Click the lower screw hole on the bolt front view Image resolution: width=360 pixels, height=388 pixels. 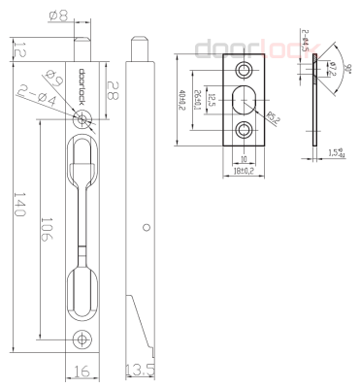pyautogui.click(x=82, y=339)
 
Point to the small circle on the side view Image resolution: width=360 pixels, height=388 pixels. pyautogui.click(x=146, y=227)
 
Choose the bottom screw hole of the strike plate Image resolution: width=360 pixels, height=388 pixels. pyautogui.click(x=243, y=129)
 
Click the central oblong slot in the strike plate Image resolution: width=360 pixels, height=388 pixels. pyautogui.click(x=243, y=99)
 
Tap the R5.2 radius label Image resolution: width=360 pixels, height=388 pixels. pyautogui.click(x=275, y=119)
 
